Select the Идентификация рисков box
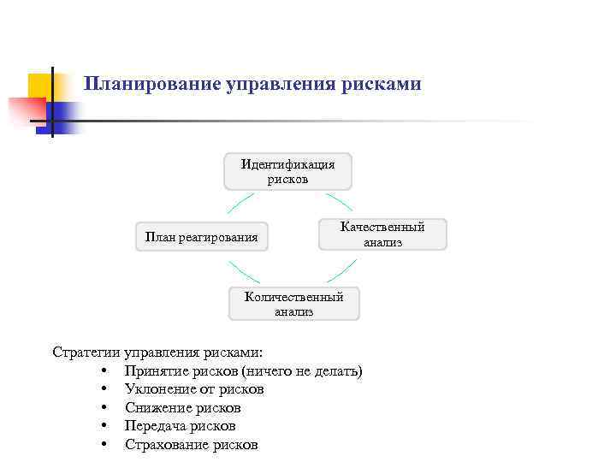(287, 172)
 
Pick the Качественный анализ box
(382, 234)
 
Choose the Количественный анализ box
(293, 305)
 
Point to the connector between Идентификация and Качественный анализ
(340, 202)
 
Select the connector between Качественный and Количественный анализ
(342, 270)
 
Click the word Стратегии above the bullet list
(86, 352)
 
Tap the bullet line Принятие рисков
(181, 371)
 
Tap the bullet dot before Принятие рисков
(103, 371)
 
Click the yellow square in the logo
(41, 86)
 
